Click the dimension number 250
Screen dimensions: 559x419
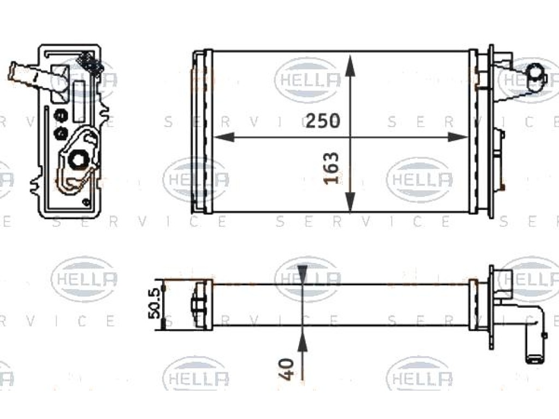(x=323, y=121)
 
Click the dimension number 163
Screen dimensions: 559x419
(x=331, y=168)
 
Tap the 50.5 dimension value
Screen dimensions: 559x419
(x=155, y=304)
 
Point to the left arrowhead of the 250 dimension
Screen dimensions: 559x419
(x=224, y=137)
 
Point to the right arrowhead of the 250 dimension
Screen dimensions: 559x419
(x=457, y=137)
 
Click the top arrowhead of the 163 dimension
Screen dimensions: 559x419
(x=350, y=65)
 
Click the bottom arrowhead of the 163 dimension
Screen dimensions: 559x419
(x=350, y=202)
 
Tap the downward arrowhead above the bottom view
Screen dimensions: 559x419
(x=302, y=274)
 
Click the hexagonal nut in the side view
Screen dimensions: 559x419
(x=77, y=160)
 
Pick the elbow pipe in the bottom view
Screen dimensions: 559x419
(x=533, y=335)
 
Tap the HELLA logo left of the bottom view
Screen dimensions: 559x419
(x=85, y=279)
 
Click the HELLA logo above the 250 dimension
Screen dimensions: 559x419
(x=308, y=79)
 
